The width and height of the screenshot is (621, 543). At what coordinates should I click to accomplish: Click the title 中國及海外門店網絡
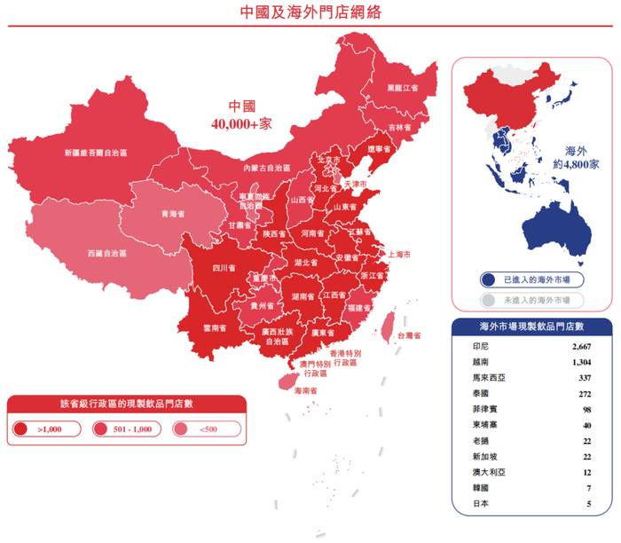click(311, 12)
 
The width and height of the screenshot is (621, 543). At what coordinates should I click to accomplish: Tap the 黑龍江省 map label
click(402, 89)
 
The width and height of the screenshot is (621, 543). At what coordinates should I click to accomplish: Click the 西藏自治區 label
click(106, 253)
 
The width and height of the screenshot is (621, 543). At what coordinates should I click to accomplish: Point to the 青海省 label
click(172, 214)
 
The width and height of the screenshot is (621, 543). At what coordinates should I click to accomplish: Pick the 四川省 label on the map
click(224, 267)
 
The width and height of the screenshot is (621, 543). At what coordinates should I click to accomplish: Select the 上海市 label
click(399, 255)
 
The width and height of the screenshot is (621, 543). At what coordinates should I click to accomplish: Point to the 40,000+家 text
click(241, 124)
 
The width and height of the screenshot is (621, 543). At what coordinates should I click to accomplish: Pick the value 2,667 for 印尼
click(581, 346)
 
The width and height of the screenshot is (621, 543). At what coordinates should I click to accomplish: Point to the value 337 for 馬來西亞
click(585, 378)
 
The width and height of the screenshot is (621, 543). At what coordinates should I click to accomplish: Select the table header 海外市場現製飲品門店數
click(531, 327)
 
